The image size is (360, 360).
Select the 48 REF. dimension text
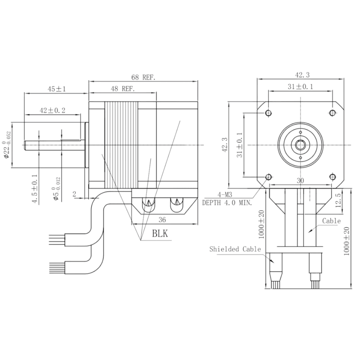(x=123, y=89)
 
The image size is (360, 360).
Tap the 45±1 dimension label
(x=57, y=89)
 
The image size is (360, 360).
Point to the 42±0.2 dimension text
(x=53, y=110)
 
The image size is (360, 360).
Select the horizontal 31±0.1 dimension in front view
(x=300, y=87)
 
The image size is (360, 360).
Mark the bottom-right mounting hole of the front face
(x=333, y=176)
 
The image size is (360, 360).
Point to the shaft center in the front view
(x=300, y=144)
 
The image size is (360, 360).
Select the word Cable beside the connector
(x=332, y=221)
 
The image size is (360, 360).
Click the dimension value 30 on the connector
(x=300, y=180)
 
